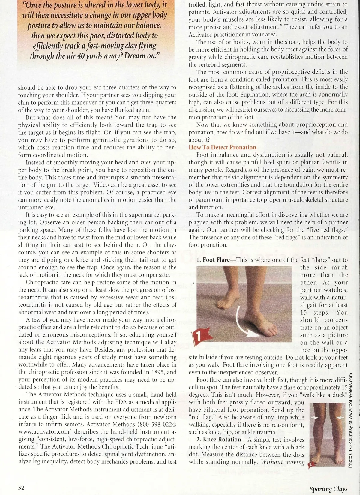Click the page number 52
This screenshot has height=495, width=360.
click(x=21, y=487)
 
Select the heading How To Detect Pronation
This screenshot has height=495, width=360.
click(x=222, y=147)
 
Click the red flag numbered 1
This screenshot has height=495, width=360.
click(x=200, y=336)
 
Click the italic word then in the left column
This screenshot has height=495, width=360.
click(x=146, y=162)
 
